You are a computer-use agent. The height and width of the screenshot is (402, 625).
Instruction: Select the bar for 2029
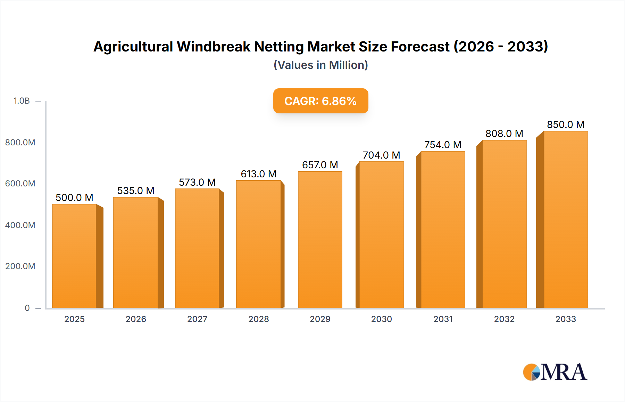point(320,240)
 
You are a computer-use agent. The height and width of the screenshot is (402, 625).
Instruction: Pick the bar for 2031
point(443,230)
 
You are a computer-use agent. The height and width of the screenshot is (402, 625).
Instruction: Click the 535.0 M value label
point(136,191)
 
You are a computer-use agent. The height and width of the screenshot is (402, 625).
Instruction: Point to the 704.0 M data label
point(381,155)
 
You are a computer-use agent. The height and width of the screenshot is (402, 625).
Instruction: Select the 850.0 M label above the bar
point(565,124)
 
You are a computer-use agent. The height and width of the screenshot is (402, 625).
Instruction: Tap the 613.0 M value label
point(259,174)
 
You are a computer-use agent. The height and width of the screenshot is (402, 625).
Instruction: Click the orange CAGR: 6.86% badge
point(320,101)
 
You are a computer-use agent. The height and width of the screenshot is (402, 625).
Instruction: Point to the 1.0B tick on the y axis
point(22,101)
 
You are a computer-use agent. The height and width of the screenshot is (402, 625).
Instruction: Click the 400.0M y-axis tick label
point(20,225)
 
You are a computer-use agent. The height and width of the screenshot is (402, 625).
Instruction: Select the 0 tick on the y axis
point(27,308)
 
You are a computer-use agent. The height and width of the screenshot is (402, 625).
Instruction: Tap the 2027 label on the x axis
point(197,319)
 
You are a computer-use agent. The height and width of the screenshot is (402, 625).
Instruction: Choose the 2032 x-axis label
point(504,319)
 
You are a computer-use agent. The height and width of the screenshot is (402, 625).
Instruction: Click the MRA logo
point(555,372)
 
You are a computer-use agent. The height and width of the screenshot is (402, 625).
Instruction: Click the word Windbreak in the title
point(214,47)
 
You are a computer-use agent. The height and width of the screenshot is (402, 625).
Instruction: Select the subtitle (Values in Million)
point(320,65)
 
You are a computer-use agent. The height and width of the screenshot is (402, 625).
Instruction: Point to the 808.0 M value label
point(504,134)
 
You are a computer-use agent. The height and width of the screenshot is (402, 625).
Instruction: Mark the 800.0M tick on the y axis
point(20,142)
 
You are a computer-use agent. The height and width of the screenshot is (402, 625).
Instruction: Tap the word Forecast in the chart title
point(420,47)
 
